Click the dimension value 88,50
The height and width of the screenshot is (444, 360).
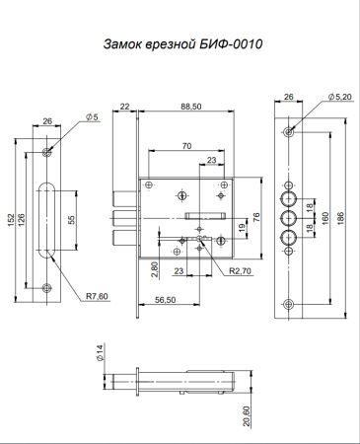pos(191,107)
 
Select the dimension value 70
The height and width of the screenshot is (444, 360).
pos(186,146)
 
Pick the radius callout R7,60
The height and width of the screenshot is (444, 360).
pos(97,295)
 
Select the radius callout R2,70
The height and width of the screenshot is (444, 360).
pos(238,269)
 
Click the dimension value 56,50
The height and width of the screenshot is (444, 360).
pos(165,300)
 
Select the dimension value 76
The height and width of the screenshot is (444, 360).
pos(256,218)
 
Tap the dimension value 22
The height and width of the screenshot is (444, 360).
pos(125,107)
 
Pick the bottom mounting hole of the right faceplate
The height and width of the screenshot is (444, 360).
pos(287,303)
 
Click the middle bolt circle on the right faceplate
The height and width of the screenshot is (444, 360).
pos(288,217)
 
